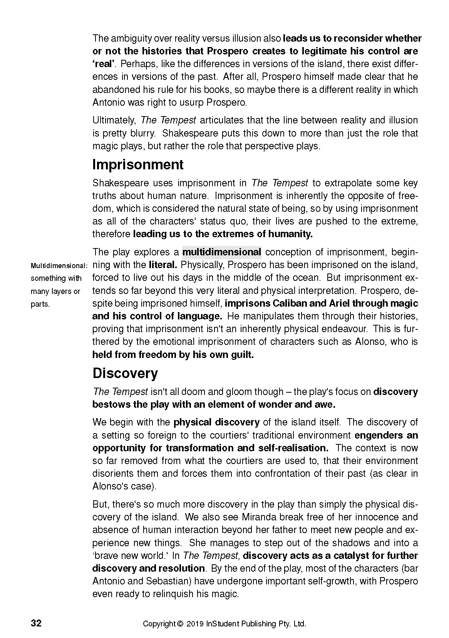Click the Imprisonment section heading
pyautogui.click(x=138, y=165)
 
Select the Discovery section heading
pyautogui.click(x=125, y=373)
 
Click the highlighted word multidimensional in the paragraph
pyautogui.click(x=222, y=252)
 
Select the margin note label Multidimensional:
pyautogui.click(x=59, y=266)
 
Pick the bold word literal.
pyautogui.click(x=163, y=265)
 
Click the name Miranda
pyautogui.click(x=259, y=517)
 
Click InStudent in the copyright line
pyautogui.click(x=223, y=624)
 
